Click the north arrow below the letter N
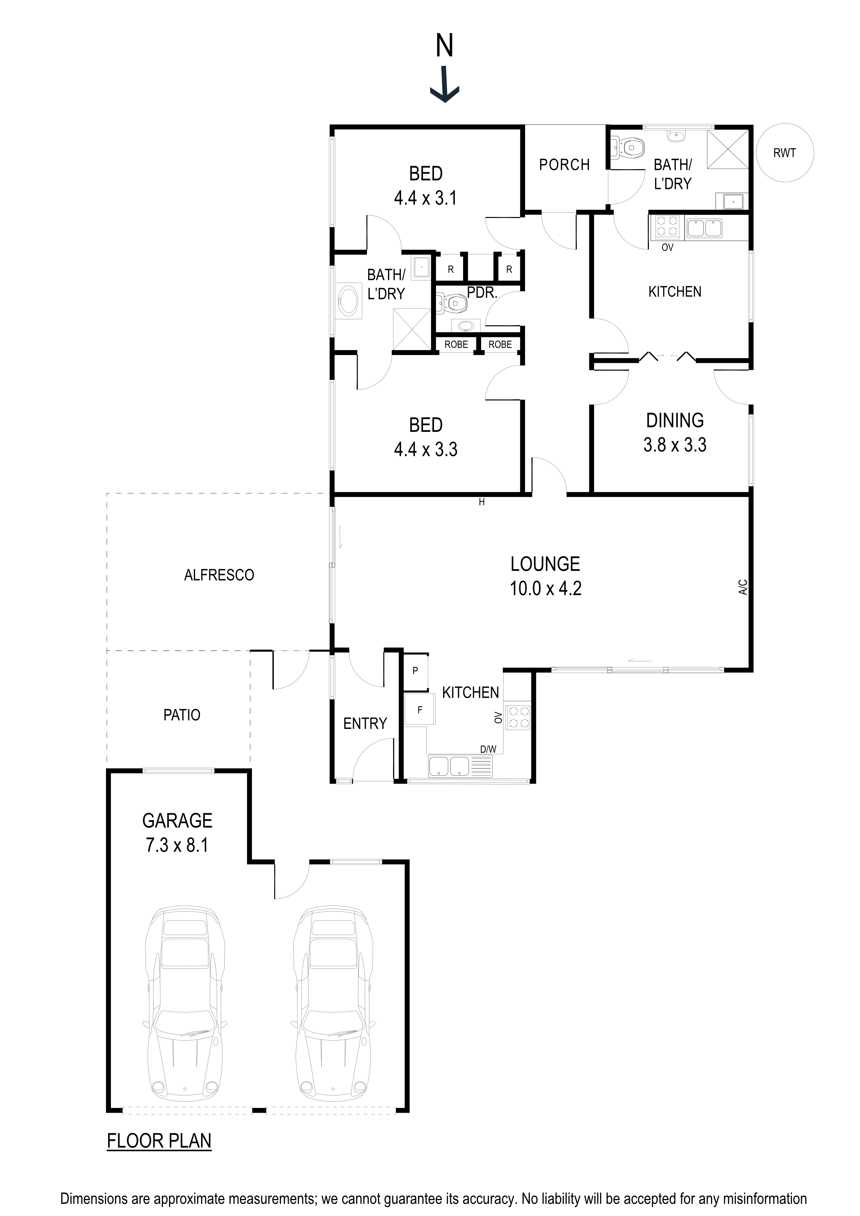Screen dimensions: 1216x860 [x=444, y=85]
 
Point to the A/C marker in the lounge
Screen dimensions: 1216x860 [x=742, y=587]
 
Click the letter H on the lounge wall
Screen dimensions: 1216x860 [x=481, y=502]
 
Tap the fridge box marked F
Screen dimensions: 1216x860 [x=419, y=710]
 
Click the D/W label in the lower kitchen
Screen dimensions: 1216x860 [x=488, y=749]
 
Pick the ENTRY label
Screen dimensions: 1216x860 [x=365, y=723]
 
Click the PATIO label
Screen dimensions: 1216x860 [x=182, y=715]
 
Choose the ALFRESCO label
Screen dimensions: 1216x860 [x=219, y=575]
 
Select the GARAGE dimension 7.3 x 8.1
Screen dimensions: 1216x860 [x=177, y=845]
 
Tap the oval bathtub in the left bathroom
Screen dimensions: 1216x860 [x=348, y=301]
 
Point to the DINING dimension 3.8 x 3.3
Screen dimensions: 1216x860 [x=674, y=444]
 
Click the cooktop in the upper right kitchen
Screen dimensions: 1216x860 [x=667, y=227]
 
